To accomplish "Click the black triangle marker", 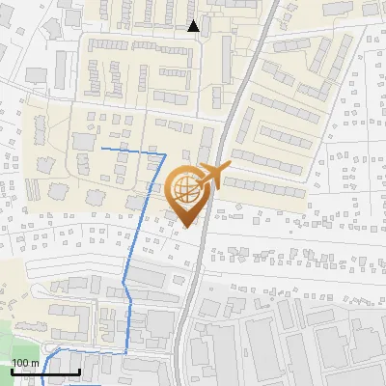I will tap(194, 26).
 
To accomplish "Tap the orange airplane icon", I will tap(213, 177).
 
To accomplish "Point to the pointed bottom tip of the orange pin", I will tap(187, 227).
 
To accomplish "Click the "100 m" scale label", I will tap(26, 363).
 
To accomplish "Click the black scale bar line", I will tap(45, 372).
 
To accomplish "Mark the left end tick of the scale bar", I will tap(13, 370).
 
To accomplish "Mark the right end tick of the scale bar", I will tap(79, 370).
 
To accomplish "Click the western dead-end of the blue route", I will tap(102, 150).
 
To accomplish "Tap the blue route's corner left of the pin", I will tap(165, 153).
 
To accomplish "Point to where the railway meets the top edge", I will tap(273, 1).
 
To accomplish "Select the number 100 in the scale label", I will tap(20, 363).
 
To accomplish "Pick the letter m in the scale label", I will tap(35, 363).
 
